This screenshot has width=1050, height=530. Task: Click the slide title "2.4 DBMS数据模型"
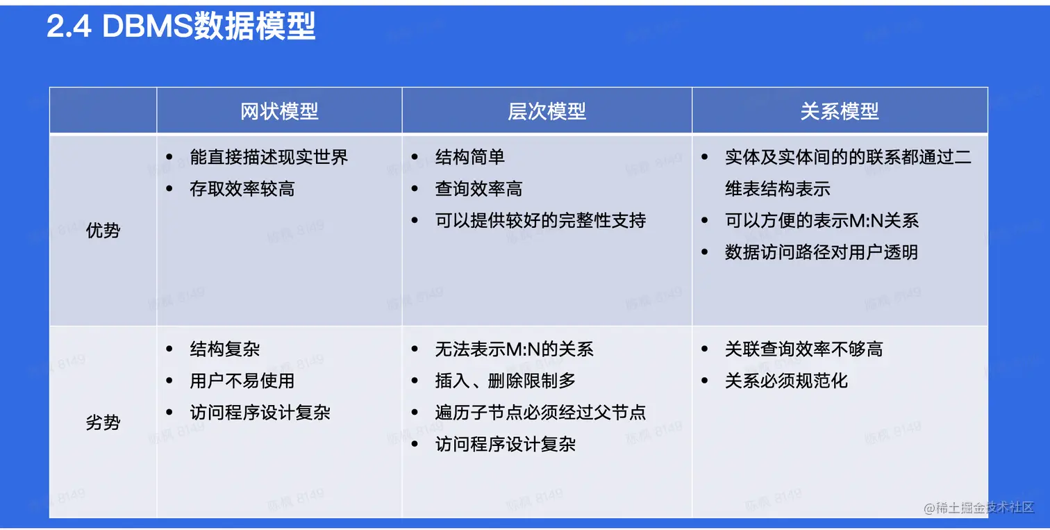click(x=181, y=27)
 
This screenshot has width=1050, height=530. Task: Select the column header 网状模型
click(x=279, y=111)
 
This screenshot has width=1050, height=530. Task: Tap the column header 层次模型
click(x=547, y=111)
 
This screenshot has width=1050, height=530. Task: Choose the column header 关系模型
click(x=839, y=111)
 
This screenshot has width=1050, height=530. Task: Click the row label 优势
click(x=103, y=231)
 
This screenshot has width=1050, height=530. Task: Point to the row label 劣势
click(x=103, y=422)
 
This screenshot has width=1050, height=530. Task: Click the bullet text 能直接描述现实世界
click(x=269, y=157)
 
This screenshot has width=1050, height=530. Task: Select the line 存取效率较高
click(x=242, y=189)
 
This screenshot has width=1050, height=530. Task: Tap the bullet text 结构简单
click(x=470, y=157)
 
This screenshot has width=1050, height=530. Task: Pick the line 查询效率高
click(x=478, y=189)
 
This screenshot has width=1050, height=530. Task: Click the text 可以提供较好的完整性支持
click(x=540, y=221)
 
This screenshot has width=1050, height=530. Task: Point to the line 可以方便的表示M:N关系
click(x=822, y=221)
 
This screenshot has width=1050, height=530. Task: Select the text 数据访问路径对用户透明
click(x=821, y=252)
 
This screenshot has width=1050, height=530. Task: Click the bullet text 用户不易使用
click(x=242, y=381)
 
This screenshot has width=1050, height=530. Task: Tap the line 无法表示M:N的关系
click(x=514, y=349)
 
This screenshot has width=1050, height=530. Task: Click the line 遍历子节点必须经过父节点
click(x=540, y=413)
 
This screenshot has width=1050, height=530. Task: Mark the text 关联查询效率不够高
click(x=803, y=349)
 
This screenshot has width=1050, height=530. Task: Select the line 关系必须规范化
click(x=786, y=381)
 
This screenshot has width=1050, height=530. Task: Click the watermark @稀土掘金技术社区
click(x=979, y=508)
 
